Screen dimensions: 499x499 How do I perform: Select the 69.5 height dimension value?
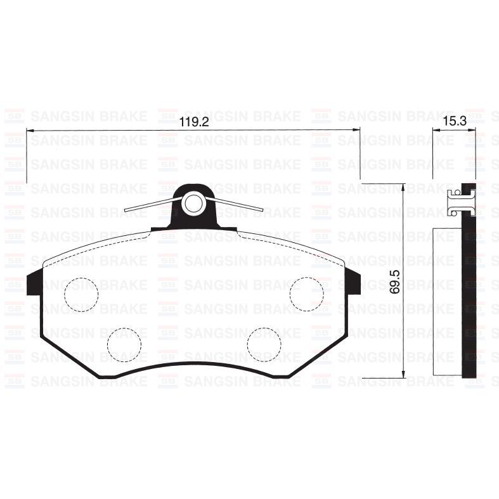[395, 280]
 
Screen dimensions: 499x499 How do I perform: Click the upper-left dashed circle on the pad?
[82, 294]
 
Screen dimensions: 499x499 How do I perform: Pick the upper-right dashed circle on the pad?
[307, 294]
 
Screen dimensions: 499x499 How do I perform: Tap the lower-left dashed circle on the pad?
[124, 345]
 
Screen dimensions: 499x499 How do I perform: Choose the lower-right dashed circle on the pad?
[264, 345]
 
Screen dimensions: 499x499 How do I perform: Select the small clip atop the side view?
[456, 202]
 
